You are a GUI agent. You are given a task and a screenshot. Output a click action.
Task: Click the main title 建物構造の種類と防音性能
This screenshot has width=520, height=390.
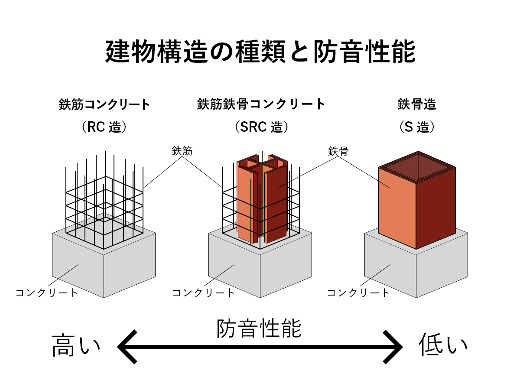[260, 52]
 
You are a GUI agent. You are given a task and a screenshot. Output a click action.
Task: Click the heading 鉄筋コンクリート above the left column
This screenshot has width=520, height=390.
[104, 105]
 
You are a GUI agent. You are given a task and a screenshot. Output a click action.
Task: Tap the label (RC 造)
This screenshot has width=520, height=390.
[104, 127]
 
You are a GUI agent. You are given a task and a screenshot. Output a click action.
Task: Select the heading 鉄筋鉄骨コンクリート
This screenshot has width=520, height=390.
[261, 105]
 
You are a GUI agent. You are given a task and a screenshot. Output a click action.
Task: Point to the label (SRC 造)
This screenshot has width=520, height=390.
[261, 127]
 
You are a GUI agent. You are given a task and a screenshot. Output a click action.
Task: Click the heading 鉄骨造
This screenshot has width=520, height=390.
[417, 105]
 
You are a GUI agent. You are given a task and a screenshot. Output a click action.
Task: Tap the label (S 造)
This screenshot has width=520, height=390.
[417, 127]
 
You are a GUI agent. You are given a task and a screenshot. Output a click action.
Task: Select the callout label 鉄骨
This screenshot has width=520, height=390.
[338, 151]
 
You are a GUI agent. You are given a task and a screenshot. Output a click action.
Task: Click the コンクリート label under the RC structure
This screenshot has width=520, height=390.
[47, 292]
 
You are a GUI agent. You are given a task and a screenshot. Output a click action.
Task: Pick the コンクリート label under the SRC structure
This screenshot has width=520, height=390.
[203, 292]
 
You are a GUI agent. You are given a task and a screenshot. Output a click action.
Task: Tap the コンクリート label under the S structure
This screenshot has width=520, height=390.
[358, 292]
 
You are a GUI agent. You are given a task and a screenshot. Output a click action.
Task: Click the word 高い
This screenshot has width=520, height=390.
[76, 347]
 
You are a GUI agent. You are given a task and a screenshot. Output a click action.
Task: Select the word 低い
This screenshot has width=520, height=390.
[443, 347]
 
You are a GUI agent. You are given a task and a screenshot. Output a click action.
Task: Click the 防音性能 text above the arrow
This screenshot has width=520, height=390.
[259, 329]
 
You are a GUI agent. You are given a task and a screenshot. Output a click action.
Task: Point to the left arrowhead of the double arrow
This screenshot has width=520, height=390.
[126, 347]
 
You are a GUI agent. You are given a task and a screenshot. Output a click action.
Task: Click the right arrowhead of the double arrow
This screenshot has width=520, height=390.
[394, 347]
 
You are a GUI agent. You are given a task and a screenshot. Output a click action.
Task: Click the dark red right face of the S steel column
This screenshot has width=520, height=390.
[435, 208]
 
